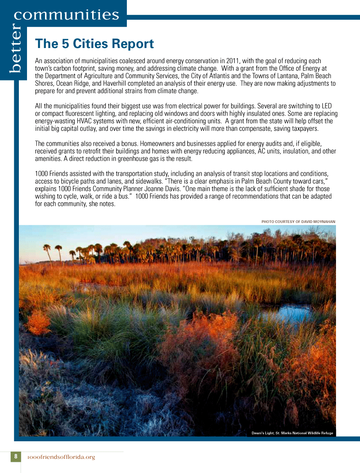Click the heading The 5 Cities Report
tap(94, 44)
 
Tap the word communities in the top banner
tap(66, 15)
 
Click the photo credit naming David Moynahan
tap(298, 222)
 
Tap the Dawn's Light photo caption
tap(292, 433)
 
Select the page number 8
tap(15, 456)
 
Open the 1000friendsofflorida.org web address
tap(61, 457)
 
